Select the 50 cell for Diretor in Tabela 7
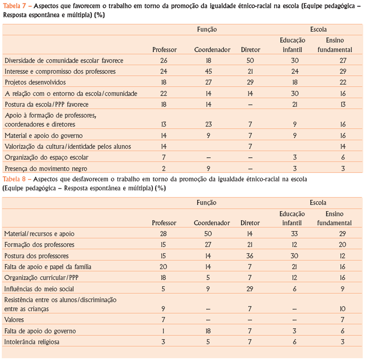(x=250, y=60)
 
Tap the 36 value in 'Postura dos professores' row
(x=250, y=256)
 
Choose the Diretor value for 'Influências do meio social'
(x=250, y=288)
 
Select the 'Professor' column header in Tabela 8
(x=164, y=223)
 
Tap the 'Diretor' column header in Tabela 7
(x=250, y=49)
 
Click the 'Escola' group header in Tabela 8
(x=318, y=202)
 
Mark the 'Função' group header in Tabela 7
(x=207, y=29)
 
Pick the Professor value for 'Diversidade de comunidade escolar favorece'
(x=164, y=60)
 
